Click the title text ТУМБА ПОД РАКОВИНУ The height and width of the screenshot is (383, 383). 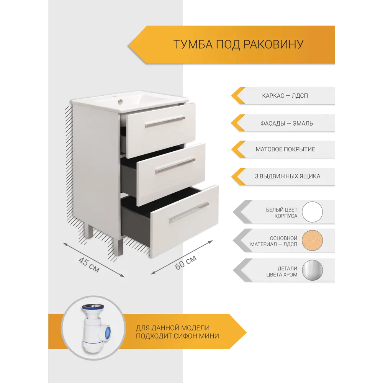point(238,44)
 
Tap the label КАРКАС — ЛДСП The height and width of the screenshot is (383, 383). point(285,96)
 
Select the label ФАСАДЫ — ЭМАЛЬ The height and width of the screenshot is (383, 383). point(286,123)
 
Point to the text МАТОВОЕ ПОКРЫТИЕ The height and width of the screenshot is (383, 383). point(285,149)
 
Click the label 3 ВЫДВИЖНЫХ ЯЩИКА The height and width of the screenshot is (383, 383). point(288,176)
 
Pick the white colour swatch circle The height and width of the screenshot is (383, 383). point(312,212)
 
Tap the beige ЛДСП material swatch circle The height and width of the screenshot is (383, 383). point(312,241)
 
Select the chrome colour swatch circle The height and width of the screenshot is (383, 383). point(312,270)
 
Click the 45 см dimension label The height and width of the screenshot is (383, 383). point(89,265)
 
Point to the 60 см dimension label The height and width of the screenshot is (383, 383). point(186,263)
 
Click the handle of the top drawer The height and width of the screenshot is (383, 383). point(165,121)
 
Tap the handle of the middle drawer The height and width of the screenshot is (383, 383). point(175,166)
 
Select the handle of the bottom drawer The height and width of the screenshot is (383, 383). point(189,213)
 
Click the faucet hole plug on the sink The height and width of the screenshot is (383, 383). point(120,101)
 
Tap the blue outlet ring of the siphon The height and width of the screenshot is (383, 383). point(108,332)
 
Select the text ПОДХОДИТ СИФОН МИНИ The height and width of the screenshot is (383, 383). point(177,336)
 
